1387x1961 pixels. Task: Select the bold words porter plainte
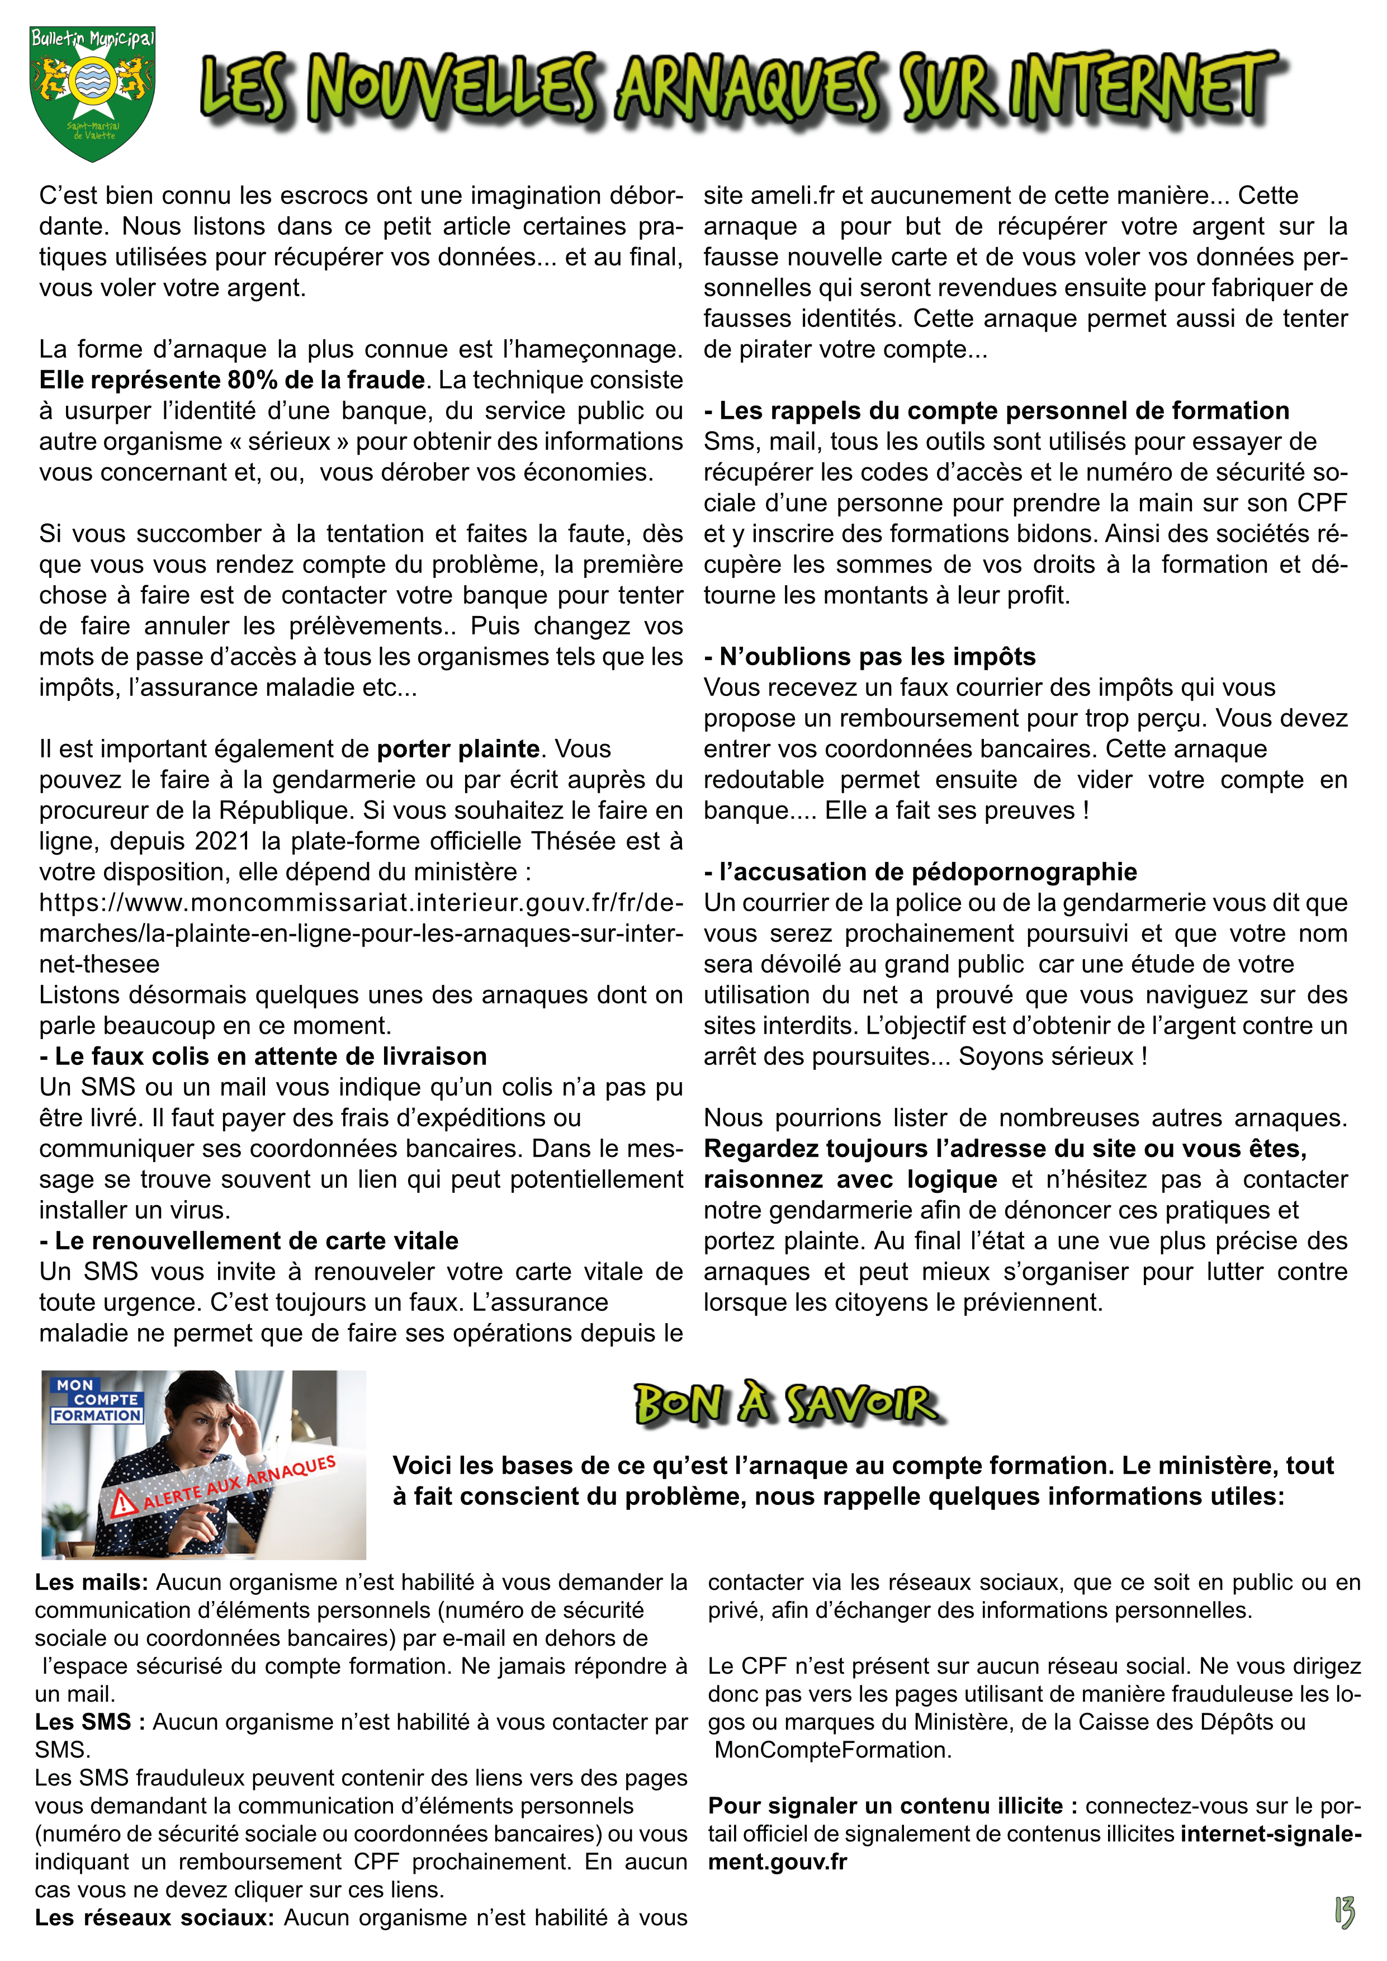click(458, 749)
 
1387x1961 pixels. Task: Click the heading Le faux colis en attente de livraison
click(263, 1057)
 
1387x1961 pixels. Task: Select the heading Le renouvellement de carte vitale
click(249, 1241)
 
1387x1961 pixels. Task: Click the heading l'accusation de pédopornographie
click(921, 872)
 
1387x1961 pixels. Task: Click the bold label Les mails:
click(91, 1583)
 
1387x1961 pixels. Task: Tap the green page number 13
click(1345, 1911)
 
